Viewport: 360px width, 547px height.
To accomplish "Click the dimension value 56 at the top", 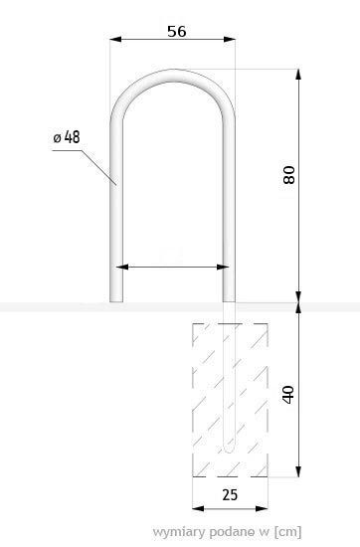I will [175, 31].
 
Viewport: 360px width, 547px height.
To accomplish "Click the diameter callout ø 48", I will [66, 137].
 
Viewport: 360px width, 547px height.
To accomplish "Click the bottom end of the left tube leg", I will [115, 299].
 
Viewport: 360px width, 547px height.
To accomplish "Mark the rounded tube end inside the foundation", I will [229, 451].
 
